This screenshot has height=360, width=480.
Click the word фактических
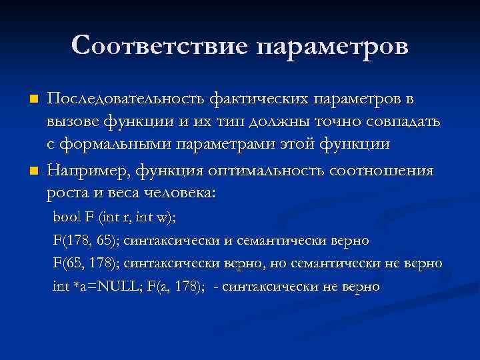coord(253,99)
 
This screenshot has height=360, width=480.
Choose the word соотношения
coord(382,171)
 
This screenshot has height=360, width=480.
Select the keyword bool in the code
coord(65,217)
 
